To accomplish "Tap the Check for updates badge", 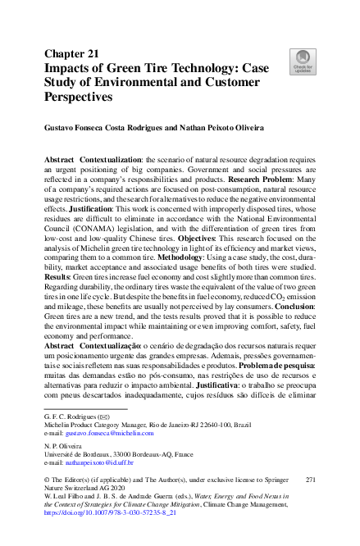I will pos(299,59).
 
